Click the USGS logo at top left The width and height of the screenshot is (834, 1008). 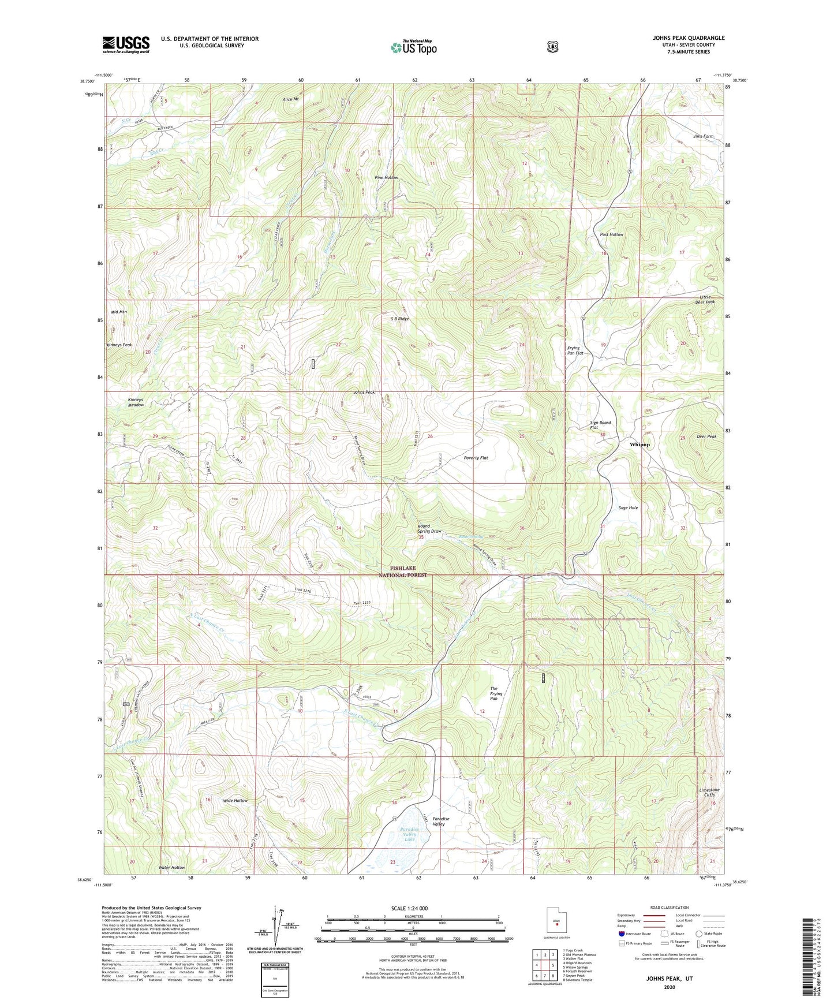point(126,44)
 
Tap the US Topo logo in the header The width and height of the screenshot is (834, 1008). point(413,47)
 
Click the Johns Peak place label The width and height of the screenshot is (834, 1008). point(364,393)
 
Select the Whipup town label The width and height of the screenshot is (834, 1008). point(639,445)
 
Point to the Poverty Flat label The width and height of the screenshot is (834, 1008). point(476,458)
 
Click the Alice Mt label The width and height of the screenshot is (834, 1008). point(291,99)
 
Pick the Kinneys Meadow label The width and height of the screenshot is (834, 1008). point(136,402)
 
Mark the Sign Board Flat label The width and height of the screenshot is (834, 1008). point(600,425)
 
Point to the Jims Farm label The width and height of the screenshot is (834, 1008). point(704,136)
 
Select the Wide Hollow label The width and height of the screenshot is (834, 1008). point(235,801)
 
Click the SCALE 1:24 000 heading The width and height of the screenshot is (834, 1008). point(409,908)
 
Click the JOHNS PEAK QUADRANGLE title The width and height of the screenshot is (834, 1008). point(689,38)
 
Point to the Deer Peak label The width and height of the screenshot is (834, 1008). point(706,436)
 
